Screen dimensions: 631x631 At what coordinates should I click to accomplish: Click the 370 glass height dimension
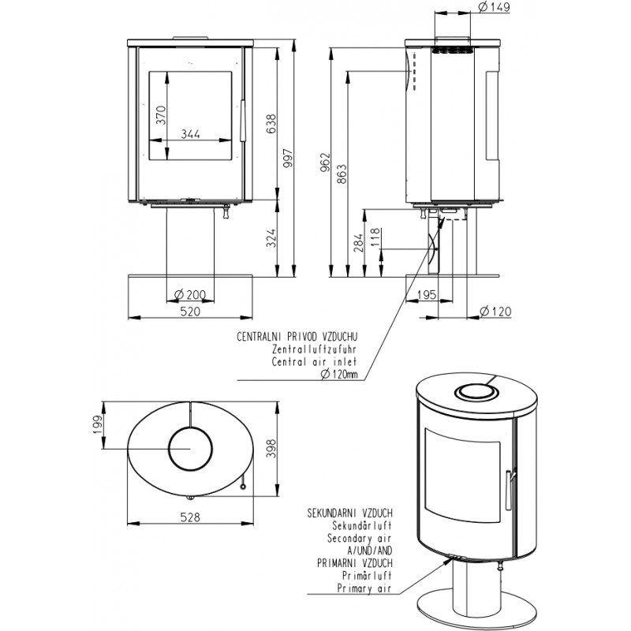point(161,115)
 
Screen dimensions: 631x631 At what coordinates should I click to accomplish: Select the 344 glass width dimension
point(189,134)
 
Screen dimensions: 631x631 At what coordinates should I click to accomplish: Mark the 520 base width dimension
point(190,312)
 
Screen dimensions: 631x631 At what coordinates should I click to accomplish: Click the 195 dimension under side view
point(426,296)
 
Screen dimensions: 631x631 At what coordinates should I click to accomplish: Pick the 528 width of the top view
point(189,518)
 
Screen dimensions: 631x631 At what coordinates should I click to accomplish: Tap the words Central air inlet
point(314,362)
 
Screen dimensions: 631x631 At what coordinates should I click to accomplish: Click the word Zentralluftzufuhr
point(314,349)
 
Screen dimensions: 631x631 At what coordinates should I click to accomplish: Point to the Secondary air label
point(359,537)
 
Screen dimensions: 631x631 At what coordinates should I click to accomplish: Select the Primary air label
point(364,588)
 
